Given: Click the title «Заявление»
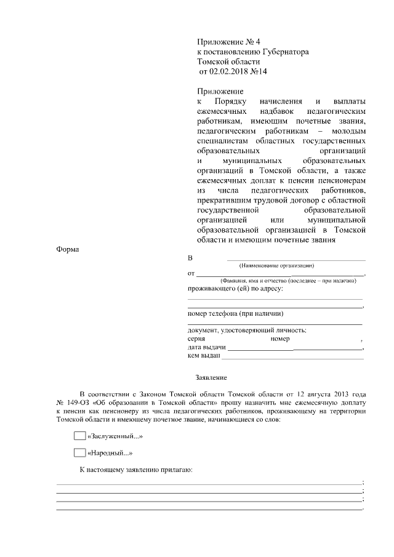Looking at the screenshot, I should (211, 377).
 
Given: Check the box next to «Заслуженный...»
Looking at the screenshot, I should (79, 436).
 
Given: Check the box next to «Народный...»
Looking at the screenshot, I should (79, 454).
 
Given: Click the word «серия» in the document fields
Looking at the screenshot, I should (197, 339).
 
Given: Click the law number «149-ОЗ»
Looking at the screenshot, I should (81, 402).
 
